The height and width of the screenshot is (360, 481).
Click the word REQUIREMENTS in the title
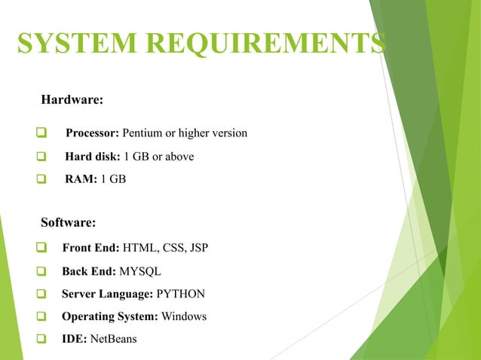tap(262, 44)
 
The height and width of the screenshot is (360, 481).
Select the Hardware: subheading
tap(72, 99)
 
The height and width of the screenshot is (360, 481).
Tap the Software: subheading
tap(68, 222)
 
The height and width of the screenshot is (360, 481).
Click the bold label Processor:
tap(92, 134)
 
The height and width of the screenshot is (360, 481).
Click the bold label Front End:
tap(90, 246)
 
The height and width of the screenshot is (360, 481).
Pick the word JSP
tap(199, 246)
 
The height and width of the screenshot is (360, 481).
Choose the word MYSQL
tap(141, 270)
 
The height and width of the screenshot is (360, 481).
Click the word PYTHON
tap(180, 294)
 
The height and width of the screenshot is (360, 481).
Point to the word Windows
tap(184, 316)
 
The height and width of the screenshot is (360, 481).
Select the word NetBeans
tap(113, 339)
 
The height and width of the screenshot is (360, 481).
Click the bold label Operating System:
tap(109, 316)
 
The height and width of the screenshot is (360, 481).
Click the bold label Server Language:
tap(107, 294)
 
